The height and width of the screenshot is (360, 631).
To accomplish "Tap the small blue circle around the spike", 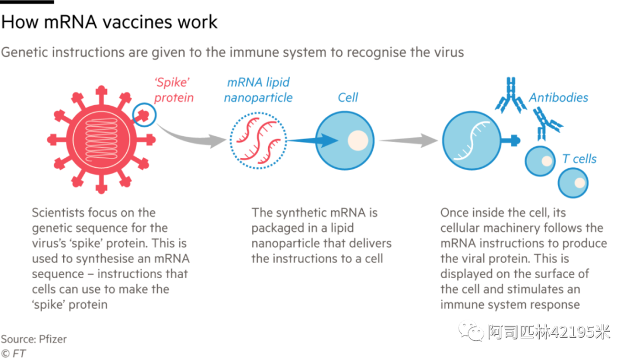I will (x=144, y=115).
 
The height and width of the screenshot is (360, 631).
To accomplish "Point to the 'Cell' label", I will (x=348, y=98).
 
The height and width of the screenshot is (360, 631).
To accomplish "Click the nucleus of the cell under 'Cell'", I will (x=358, y=140).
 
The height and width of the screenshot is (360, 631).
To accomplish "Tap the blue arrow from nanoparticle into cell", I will (x=315, y=140).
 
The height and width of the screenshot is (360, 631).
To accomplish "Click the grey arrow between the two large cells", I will (x=408, y=140).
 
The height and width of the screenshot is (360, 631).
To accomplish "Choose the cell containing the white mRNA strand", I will (x=471, y=141).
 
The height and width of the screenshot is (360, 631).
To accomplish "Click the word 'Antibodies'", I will (x=558, y=98).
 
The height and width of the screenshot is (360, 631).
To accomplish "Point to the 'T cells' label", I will (x=579, y=158).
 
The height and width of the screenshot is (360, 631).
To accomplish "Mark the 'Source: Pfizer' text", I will (x=33, y=338).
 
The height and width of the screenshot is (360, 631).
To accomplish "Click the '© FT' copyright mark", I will (x=14, y=352).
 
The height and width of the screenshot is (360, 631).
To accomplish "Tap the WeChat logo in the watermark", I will (x=471, y=330).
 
